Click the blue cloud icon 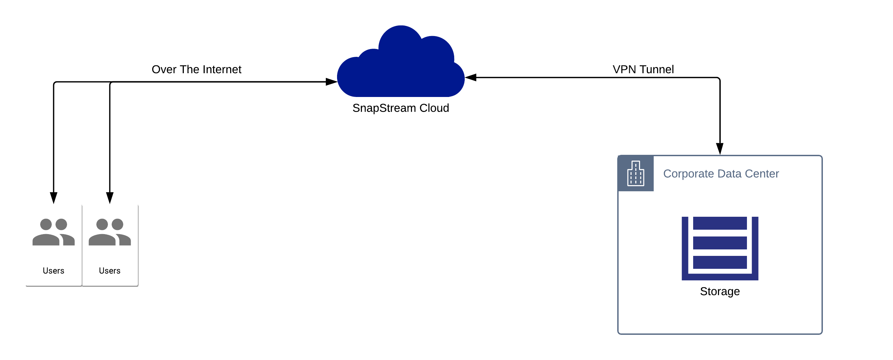[x=400, y=66]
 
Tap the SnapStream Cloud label [x=400, y=108]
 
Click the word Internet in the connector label [x=222, y=69]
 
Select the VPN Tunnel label [x=643, y=69]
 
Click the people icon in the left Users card [x=53, y=232]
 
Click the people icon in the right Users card [x=110, y=232]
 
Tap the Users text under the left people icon [x=53, y=271]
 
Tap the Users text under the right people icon [x=110, y=271]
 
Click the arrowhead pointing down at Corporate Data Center [x=720, y=149]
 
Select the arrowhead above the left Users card [x=53, y=198]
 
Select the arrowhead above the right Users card [x=110, y=198]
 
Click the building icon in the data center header [x=635, y=173]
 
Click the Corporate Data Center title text [x=721, y=174]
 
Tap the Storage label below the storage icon [x=720, y=291]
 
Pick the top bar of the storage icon [x=720, y=223]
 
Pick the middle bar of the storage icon [x=720, y=243]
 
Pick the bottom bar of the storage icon [x=720, y=262]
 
